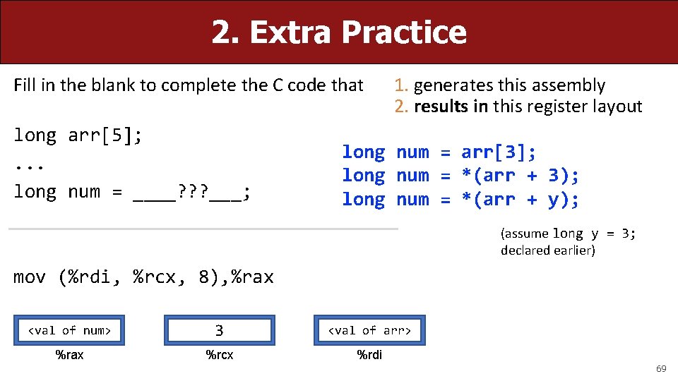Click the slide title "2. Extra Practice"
[339, 32]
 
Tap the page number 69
[661, 369]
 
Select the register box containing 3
[219, 330]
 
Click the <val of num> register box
[69, 330]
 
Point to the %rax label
[69, 355]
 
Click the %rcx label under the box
[219, 355]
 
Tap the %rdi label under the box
[369, 355]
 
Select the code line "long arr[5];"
[78, 135]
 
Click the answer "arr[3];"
[499, 152]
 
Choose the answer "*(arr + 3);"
[520, 176]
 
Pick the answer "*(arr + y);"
[520, 200]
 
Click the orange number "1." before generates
[402, 86]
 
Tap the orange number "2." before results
[402, 107]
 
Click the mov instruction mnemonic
[30, 277]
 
